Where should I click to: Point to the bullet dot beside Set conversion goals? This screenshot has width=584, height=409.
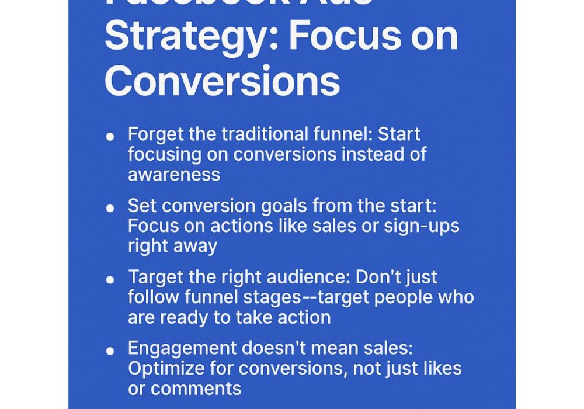110,208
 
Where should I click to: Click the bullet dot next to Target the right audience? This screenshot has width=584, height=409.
110,279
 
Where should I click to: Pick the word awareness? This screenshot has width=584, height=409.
174,174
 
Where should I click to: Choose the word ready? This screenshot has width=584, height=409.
186,317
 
